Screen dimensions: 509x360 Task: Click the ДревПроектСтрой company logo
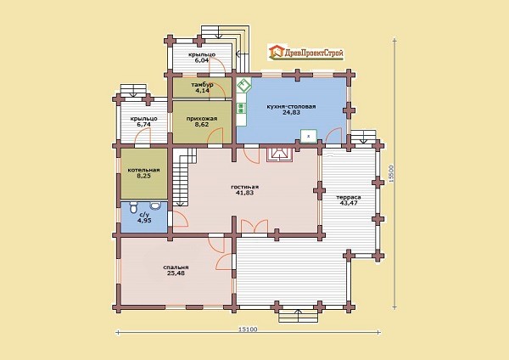click(x=305, y=53)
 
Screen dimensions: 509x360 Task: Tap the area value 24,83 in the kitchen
click(x=291, y=112)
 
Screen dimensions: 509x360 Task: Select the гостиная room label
click(x=245, y=187)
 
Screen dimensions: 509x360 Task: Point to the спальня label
click(x=176, y=267)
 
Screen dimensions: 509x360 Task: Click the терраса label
click(x=349, y=197)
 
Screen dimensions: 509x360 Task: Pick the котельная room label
click(x=144, y=170)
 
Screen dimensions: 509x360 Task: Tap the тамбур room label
click(x=202, y=85)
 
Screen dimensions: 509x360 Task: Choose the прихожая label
click(x=202, y=119)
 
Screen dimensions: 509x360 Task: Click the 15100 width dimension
click(x=248, y=329)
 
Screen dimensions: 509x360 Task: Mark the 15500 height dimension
click(x=391, y=174)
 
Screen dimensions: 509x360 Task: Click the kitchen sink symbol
click(x=243, y=86)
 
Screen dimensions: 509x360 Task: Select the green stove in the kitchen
click(x=241, y=108)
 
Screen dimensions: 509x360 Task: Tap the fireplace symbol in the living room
click(x=279, y=155)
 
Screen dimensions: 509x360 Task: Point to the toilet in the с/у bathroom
click(x=134, y=207)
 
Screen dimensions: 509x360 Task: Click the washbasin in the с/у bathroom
click(x=156, y=205)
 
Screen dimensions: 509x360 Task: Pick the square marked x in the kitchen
click(x=309, y=136)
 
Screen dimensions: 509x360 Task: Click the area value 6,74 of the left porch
click(x=144, y=125)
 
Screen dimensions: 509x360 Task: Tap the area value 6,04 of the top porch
click(x=201, y=60)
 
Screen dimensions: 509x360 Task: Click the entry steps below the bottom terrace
click(x=299, y=315)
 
